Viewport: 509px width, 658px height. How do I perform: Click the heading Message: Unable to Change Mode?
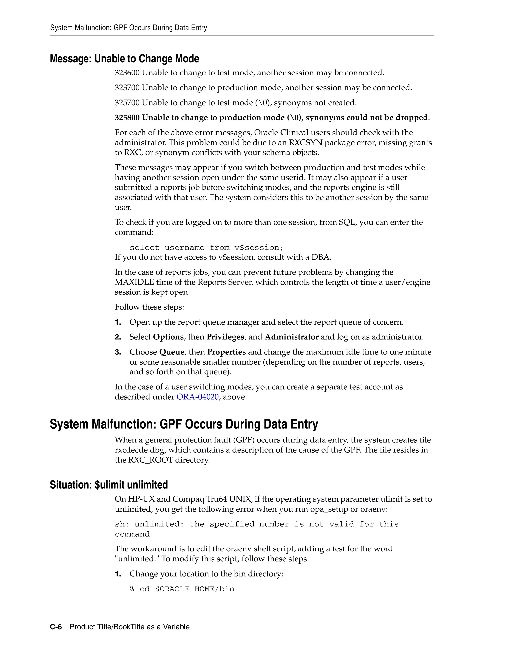click(124, 59)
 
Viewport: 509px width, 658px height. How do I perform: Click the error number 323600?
click(127, 73)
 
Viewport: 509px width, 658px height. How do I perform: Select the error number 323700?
click(127, 88)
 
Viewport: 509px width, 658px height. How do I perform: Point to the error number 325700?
click(127, 103)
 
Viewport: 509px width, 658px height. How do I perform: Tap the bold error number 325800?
click(127, 118)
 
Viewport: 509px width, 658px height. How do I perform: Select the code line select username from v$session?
click(207, 248)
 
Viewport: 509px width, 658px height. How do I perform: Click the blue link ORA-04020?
click(198, 397)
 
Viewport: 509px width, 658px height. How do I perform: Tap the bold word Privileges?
click(225, 337)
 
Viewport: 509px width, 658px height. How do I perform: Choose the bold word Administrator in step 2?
click(291, 337)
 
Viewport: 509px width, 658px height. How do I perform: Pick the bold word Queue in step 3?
click(171, 352)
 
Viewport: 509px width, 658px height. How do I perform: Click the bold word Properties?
click(226, 352)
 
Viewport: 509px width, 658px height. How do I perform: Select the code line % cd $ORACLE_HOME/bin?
click(182, 589)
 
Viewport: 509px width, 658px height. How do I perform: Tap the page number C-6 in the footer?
click(56, 627)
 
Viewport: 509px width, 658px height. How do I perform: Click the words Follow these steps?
click(149, 307)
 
